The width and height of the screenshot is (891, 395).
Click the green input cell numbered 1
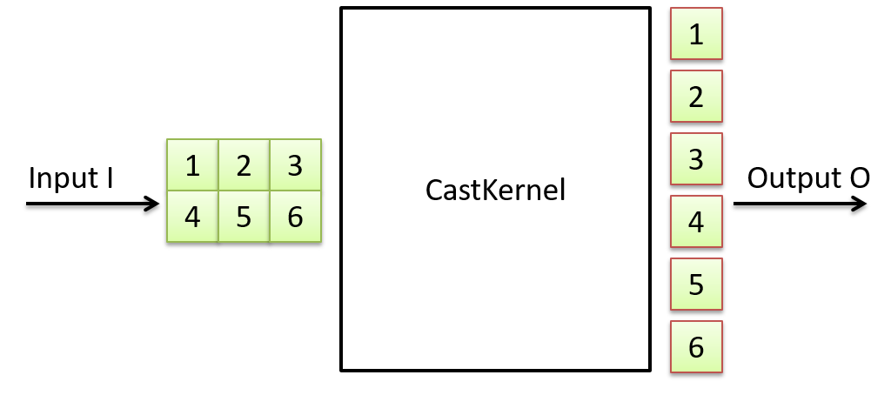click(x=192, y=164)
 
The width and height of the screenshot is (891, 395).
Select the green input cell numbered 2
click(x=244, y=164)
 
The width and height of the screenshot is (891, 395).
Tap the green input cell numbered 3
click(x=295, y=164)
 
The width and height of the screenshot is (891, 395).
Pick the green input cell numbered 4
click(x=192, y=216)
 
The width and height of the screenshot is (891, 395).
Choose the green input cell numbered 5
click(x=244, y=216)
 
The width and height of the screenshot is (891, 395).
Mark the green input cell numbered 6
click(x=295, y=216)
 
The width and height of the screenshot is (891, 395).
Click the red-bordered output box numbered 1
click(x=696, y=34)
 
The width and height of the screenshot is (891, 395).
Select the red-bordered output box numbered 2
click(x=696, y=96)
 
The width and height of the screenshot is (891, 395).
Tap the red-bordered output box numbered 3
click(x=696, y=158)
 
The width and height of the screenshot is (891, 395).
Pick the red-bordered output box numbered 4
click(x=696, y=221)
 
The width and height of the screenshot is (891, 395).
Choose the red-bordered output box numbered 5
click(x=696, y=284)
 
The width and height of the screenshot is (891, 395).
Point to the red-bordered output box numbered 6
click(x=696, y=346)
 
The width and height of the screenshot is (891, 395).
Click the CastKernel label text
click(x=495, y=191)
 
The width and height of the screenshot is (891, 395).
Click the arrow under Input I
click(x=93, y=204)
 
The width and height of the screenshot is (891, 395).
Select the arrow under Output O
click(x=801, y=204)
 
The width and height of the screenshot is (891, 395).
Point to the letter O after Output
click(x=859, y=177)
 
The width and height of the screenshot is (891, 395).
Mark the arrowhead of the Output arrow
click(x=859, y=204)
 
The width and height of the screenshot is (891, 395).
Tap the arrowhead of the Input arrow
click(x=151, y=204)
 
